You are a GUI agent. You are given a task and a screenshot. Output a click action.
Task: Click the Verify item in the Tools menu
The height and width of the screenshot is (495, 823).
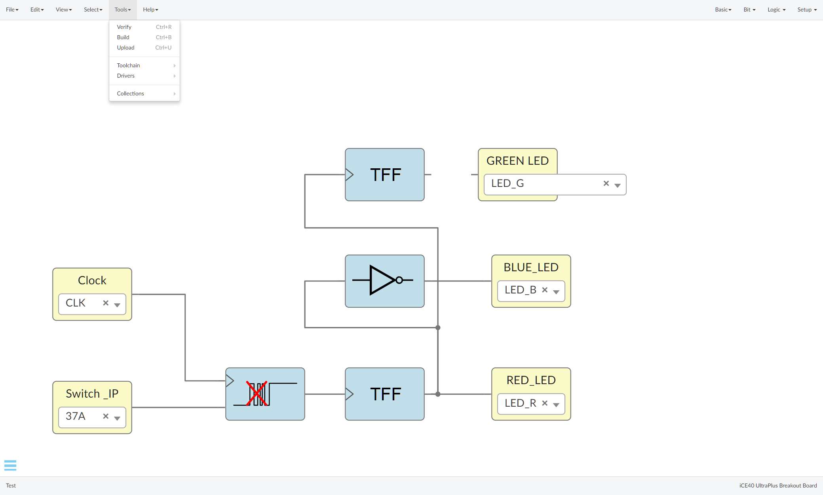[124, 27]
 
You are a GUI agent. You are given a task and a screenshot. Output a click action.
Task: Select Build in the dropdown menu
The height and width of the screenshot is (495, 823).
[123, 37]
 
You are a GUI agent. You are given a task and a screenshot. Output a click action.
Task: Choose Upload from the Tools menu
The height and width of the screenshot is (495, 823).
[126, 48]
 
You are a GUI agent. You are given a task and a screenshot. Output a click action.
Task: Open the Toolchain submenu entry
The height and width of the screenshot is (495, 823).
[129, 65]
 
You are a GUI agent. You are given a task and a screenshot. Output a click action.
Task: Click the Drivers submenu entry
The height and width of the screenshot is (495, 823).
[126, 76]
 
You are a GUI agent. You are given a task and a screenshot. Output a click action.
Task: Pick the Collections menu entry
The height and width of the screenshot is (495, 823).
[131, 93]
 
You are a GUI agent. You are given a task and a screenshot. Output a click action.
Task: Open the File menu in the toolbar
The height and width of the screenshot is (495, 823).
[12, 10]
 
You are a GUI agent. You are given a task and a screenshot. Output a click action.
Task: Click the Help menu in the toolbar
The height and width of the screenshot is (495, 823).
[150, 10]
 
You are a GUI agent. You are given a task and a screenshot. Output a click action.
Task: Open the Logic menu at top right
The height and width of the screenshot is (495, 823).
[776, 10]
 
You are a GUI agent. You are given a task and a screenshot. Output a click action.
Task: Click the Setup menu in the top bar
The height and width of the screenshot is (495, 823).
[807, 10]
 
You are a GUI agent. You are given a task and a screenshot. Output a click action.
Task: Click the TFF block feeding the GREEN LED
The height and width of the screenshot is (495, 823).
[385, 175]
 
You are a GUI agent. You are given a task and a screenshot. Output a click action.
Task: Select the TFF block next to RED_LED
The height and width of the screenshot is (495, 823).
[385, 394]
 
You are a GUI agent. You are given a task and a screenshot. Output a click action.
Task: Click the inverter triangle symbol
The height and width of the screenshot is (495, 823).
[382, 280]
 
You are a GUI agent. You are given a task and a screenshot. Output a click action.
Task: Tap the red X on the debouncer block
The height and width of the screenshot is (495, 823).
[257, 393]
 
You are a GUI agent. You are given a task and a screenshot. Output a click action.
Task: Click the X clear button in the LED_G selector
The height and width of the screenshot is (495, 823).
[606, 183]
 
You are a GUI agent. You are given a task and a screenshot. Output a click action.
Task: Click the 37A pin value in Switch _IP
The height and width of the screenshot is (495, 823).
[76, 416]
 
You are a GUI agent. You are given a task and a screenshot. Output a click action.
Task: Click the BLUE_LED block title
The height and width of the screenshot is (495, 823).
[531, 267]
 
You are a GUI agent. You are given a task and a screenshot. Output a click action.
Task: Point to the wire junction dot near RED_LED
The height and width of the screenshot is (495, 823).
[438, 394]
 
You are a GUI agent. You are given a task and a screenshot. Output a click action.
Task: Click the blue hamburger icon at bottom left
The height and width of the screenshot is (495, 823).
[10, 465]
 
